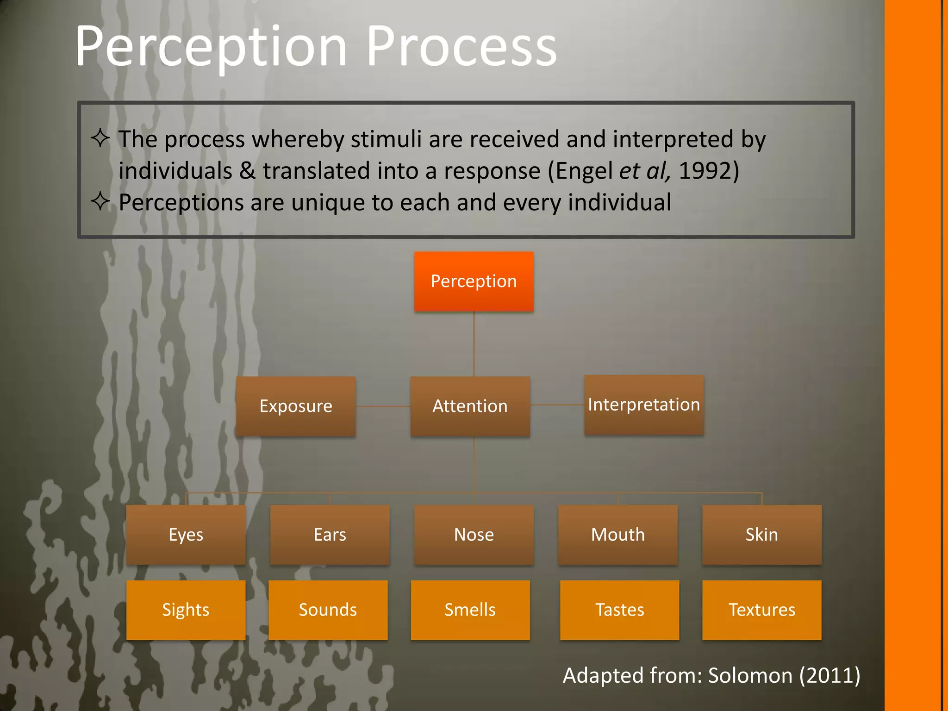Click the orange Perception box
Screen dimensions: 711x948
click(x=474, y=281)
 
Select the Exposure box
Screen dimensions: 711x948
click(x=296, y=406)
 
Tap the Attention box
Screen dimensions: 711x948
click(x=470, y=406)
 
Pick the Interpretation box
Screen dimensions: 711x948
click(x=644, y=405)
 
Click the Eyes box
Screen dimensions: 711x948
click(x=186, y=535)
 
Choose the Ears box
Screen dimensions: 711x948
click(x=330, y=535)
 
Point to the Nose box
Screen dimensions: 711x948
click(x=474, y=535)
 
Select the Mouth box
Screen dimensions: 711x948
click(x=618, y=535)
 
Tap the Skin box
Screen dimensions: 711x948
click(x=761, y=535)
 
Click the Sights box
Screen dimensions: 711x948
click(x=186, y=610)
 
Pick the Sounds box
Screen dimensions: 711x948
click(x=328, y=610)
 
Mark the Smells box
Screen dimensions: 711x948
click(x=470, y=610)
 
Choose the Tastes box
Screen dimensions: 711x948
click(x=619, y=610)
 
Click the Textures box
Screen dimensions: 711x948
click(x=761, y=610)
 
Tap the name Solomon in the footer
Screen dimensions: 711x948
click(x=750, y=675)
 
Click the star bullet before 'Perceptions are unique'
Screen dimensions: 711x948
click(x=100, y=201)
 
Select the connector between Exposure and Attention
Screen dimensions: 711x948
click(x=383, y=406)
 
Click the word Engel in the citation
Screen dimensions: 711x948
click(x=584, y=171)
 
